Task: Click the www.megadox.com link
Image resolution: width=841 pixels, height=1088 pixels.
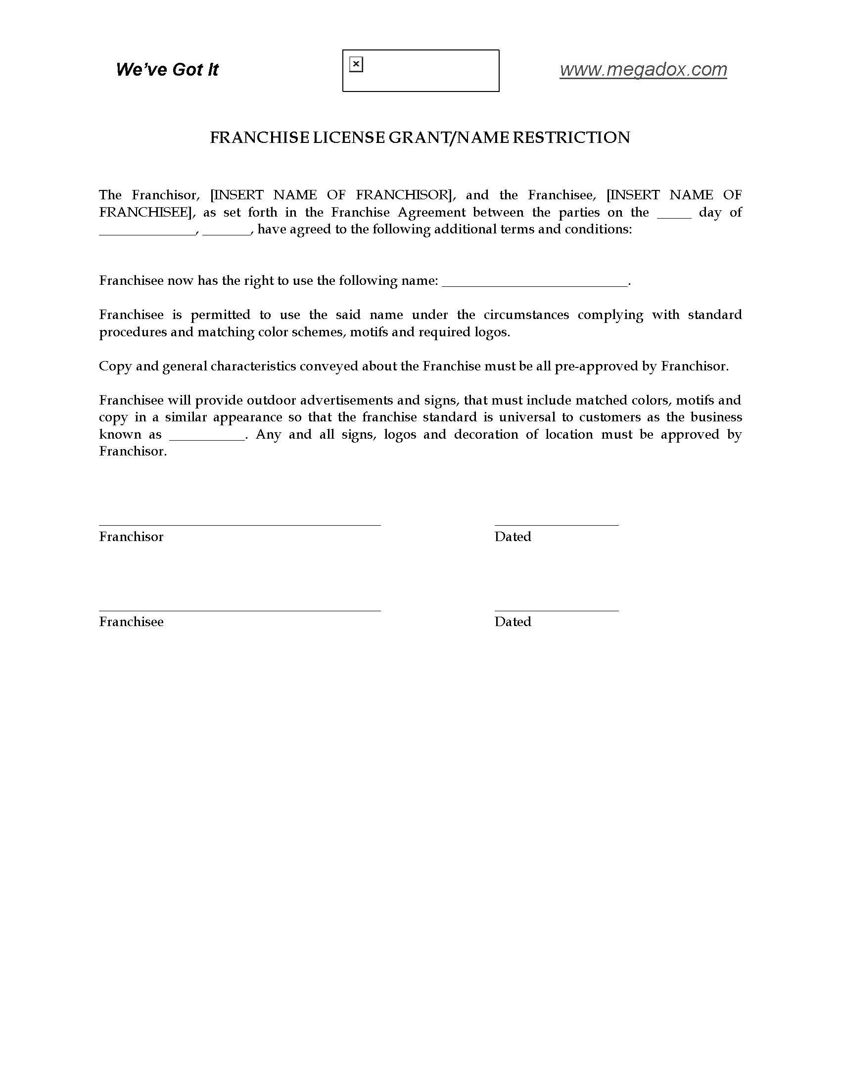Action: (643, 70)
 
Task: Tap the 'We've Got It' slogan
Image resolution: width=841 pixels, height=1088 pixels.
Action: (167, 70)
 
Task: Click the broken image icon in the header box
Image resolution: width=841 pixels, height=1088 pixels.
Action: (356, 64)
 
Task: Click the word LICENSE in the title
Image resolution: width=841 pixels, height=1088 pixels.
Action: (348, 137)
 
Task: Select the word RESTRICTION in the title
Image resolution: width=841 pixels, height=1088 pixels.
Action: (571, 137)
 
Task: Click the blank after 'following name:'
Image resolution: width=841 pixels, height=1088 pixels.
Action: (535, 284)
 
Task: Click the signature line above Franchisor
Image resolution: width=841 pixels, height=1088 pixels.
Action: (239, 525)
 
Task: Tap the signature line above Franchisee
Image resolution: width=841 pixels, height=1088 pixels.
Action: (239, 610)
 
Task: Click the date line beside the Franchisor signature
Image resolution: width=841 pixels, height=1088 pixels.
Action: (556, 525)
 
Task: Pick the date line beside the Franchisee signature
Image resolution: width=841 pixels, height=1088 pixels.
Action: (556, 610)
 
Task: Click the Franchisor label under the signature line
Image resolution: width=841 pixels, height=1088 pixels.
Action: (131, 537)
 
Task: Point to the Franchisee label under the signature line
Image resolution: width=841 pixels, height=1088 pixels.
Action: (131, 622)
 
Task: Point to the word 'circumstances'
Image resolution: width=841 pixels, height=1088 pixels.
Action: (526, 315)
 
